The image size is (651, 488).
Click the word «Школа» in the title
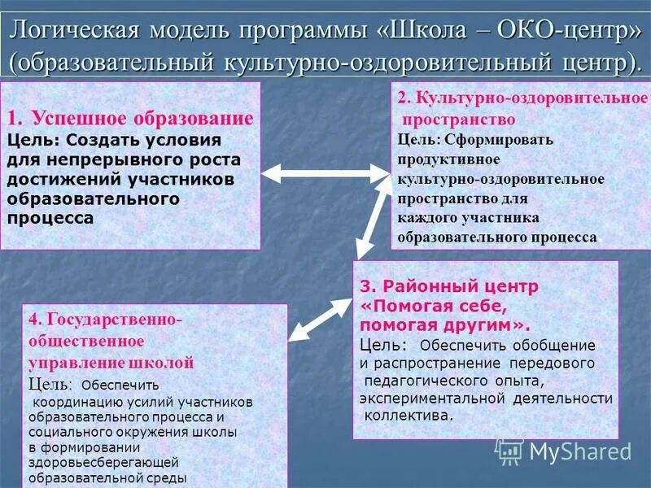[427, 30]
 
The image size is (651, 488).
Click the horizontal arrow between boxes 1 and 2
[325, 172]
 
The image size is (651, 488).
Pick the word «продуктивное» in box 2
[448, 159]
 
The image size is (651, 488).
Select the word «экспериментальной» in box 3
[434, 398]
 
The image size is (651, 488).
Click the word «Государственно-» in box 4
[106, 320]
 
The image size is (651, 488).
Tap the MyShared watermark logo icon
[509, 450]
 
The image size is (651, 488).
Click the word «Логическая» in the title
[72, 30]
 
